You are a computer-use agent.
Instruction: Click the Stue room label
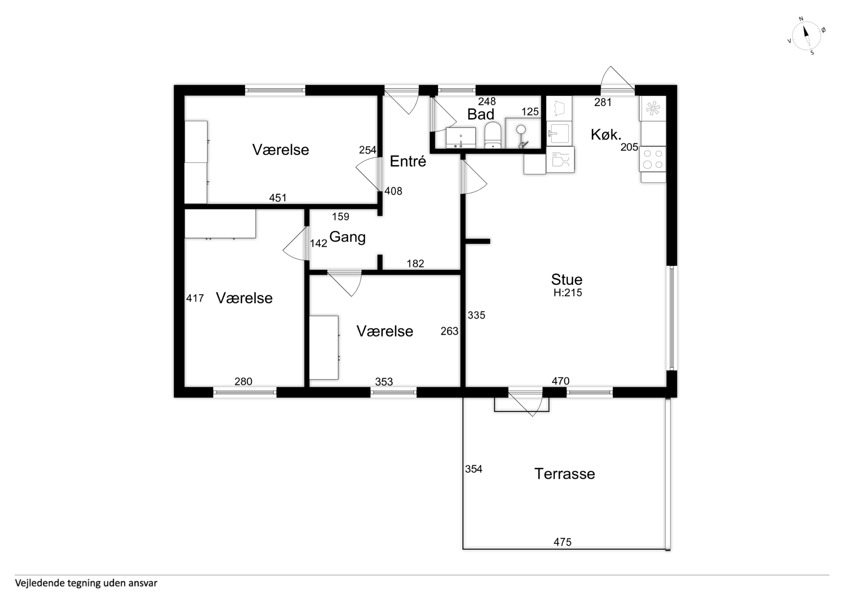(567, 279)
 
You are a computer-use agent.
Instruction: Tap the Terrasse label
(564, 474)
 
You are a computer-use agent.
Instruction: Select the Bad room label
(481, 114)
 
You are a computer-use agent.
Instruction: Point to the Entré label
(408, 161)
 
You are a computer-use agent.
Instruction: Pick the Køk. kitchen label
(606, 134)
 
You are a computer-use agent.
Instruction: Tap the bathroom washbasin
(461, 138)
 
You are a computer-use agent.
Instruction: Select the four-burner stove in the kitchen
(653, 159)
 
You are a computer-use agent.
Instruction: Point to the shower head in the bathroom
(521, 129)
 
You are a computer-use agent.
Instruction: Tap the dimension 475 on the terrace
(562, 542)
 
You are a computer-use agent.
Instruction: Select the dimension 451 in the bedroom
(278, 198)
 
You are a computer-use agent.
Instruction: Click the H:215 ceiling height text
(568, 292)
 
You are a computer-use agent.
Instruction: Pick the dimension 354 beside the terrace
(474, 469)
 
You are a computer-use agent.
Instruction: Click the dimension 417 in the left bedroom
(195, 298)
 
